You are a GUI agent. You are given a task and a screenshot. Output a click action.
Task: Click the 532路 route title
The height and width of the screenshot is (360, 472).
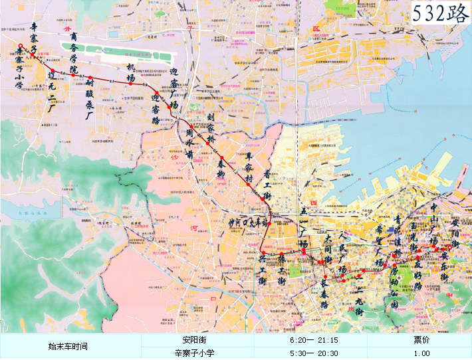[440, 13]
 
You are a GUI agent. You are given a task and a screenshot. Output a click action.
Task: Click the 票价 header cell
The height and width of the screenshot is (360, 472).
[419, 340]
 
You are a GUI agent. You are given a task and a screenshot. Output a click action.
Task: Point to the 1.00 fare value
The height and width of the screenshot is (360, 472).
[419, 353]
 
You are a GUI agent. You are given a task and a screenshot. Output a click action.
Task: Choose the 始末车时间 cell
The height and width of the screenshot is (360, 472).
[70, 347]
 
